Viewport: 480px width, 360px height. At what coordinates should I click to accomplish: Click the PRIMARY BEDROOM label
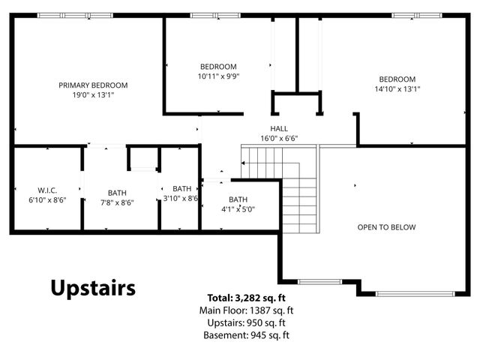point(93,85)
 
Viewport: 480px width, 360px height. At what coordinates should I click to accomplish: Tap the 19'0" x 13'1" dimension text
point(93,95)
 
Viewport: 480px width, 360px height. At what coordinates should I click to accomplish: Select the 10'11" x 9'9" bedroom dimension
point(218,76)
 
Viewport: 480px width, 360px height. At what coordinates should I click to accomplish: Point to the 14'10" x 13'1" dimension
point(397,89)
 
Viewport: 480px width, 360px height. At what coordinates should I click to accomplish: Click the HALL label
point(279,128)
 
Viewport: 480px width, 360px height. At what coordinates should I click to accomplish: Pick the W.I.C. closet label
point(47,190)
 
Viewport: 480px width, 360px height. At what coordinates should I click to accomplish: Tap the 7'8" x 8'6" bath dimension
point(117,202)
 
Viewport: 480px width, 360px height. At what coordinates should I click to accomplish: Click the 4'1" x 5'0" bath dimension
point(238,209)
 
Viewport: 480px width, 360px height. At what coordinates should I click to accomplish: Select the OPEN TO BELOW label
point(387,227)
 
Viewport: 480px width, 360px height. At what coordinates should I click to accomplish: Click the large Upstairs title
point(93,288)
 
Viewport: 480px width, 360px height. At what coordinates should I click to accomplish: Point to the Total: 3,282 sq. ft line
point(247,298)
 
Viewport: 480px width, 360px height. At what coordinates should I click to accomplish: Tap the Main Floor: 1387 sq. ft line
point(247,310)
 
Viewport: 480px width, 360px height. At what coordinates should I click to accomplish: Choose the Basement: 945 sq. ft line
point(247,335)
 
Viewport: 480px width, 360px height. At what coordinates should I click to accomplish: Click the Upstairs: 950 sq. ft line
point(247,323)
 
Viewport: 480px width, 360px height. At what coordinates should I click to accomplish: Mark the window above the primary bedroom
point(75,15)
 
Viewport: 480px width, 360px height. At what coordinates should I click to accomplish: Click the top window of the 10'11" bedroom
point(215,15)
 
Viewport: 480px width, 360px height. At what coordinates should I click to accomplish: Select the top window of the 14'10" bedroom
point(417,15)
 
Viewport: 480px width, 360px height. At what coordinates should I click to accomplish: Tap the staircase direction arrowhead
point(243,163)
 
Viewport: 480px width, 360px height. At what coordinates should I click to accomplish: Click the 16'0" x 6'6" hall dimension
point(279,138)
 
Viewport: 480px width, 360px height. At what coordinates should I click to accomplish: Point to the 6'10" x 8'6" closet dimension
point(47,200)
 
